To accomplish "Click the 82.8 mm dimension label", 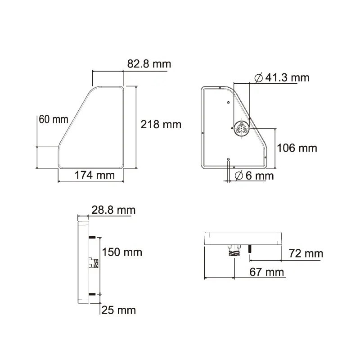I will (149, 64).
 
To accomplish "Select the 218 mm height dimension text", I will (161, 124).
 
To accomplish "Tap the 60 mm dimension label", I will (53, 119).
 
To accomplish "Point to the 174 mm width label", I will (95, 175).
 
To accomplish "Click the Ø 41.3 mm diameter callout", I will (282, 78).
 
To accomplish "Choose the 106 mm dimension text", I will (297, 148).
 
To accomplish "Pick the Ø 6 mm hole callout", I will (254, 175).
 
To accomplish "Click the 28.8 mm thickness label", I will (113, 210).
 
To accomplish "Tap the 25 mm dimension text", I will (119, 310).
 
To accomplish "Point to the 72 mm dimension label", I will (306, 254).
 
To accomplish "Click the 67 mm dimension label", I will (267, 272).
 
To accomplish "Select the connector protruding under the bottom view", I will (234, 253).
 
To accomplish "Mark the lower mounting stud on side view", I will (91, 294).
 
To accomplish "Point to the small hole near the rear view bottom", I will (229, 159).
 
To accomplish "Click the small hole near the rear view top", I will (229, 103).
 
